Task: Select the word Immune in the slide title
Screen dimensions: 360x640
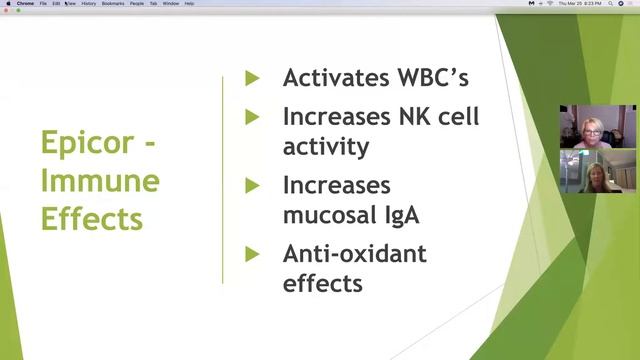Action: [100, 181]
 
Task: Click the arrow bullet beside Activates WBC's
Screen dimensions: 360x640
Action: [252, 78]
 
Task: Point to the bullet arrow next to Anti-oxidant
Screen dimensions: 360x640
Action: [252, 254]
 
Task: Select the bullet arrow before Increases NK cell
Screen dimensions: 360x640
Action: [252, 117]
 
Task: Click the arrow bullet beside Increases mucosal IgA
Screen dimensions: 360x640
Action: [252, 186]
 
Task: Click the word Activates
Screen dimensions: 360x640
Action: [335, 78]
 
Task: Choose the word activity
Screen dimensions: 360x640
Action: [326, 147]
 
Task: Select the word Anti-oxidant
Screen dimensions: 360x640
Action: [355, 254]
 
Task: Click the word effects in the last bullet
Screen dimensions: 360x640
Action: [322, 284]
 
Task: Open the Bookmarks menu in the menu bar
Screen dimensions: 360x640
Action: [113, 4]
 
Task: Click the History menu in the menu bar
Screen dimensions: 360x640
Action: [89, 4]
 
